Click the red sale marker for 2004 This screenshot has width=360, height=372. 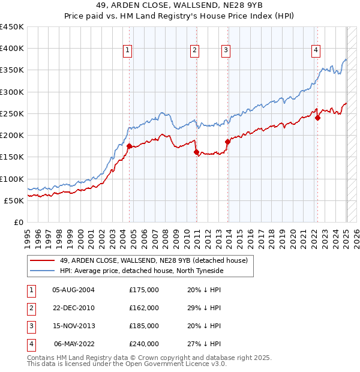(130, 146)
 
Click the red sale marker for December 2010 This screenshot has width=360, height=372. (196, 152)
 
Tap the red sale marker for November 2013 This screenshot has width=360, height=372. (227, 142)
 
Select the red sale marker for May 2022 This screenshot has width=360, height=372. (317, 118)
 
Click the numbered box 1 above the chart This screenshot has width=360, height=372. (128, 51)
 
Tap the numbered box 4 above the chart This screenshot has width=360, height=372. (316, 51)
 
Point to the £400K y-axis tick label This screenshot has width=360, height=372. (12, 49)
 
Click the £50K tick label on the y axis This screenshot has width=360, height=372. (14, 200)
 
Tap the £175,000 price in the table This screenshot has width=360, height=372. (144, 290)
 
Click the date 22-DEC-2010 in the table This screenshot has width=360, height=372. (74, 308)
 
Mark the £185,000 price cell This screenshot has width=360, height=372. (144, 326)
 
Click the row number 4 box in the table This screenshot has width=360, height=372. (31, 344)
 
